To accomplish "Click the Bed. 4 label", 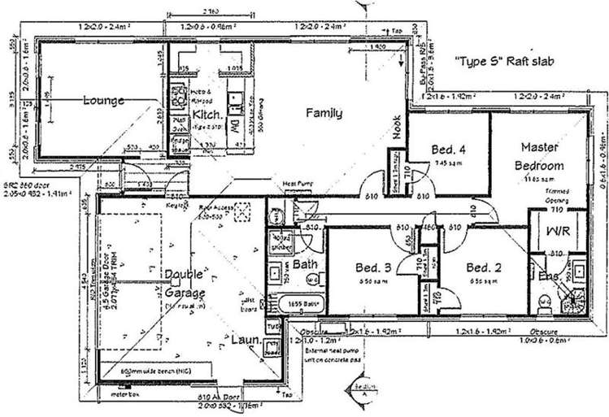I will pyautogui.click(x=448, y=149).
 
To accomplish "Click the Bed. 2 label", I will pyautogui.click(x=482, y=267).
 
